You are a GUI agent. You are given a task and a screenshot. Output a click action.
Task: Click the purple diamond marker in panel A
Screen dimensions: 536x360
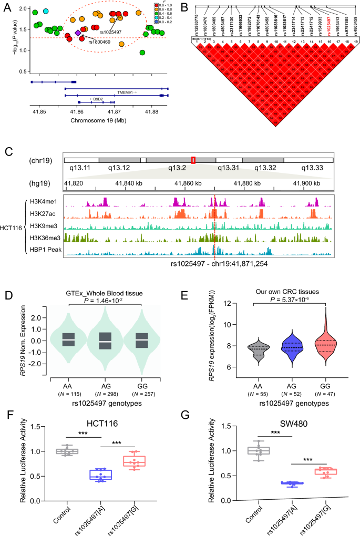(78, 33)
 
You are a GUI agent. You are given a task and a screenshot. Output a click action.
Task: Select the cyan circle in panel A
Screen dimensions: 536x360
(46, 11)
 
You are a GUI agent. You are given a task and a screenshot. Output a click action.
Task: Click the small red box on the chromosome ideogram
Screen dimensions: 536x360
(193, 160)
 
